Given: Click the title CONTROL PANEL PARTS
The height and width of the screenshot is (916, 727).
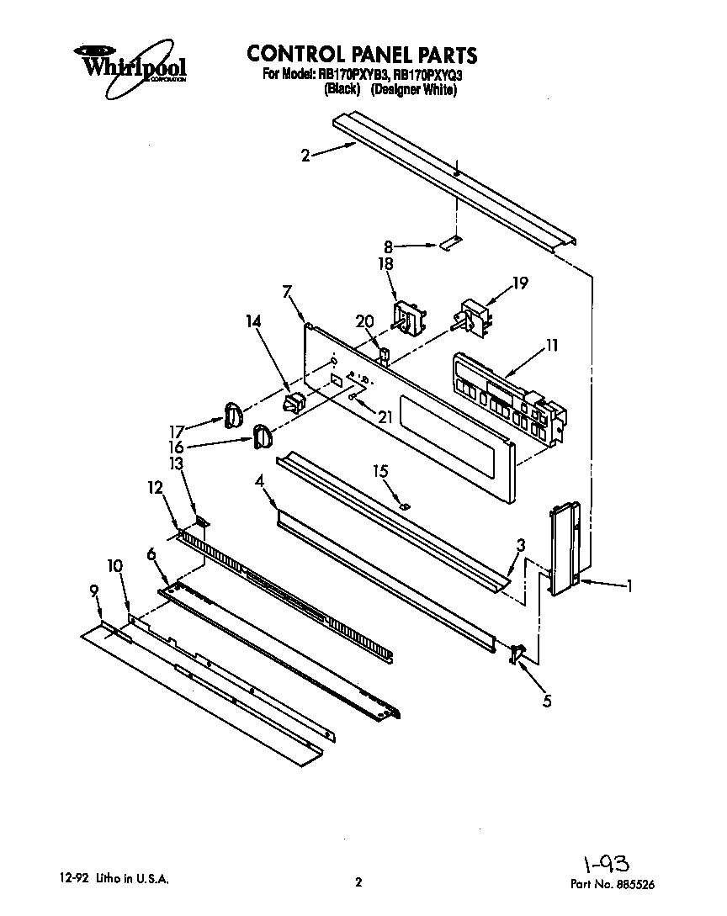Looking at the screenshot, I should [362, 55].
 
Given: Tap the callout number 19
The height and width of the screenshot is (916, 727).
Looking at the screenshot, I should [521, 283].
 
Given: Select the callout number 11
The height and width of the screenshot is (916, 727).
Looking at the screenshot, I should [552, 345].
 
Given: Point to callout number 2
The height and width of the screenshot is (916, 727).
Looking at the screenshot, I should [305, 155].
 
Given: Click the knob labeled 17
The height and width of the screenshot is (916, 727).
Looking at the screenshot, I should [233, 414].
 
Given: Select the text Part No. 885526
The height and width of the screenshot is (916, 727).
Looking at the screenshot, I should [613, 884].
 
